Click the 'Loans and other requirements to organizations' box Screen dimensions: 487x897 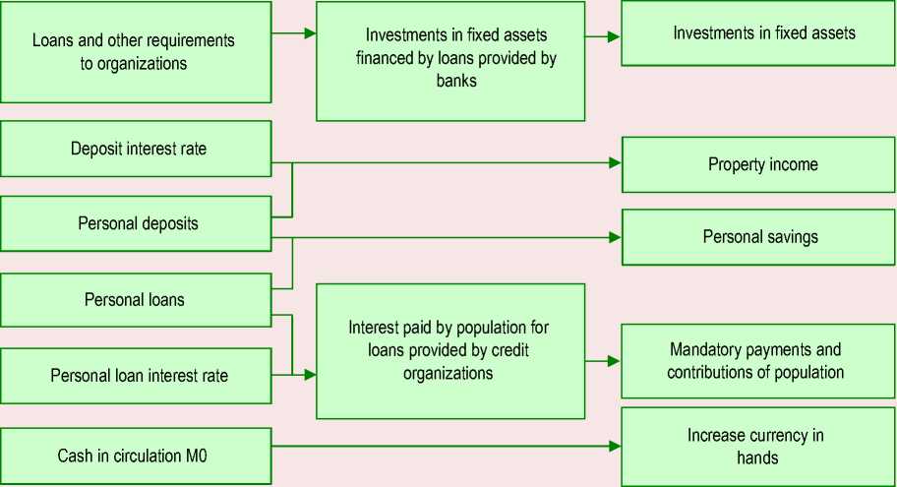(136, 51)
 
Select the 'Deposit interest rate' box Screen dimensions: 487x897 (136, 149)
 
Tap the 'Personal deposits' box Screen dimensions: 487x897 (136, 223)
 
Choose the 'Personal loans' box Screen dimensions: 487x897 (136, 299)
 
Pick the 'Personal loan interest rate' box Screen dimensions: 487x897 (136, 375)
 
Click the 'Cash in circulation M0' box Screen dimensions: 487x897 (136, 457)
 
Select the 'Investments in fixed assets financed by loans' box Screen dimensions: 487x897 (449, 60)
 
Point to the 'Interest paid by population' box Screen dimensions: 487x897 (449, 350)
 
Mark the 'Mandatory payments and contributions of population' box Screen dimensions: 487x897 (758, 361)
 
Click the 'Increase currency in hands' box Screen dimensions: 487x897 (758, 446)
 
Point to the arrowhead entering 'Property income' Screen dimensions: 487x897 (615, 163)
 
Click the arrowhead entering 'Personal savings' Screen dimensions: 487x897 (615, 237)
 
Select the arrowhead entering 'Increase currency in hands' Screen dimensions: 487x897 (615, 446)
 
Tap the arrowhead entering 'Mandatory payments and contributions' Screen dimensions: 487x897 (615, 361)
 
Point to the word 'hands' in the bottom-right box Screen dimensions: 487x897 (757, 457)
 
